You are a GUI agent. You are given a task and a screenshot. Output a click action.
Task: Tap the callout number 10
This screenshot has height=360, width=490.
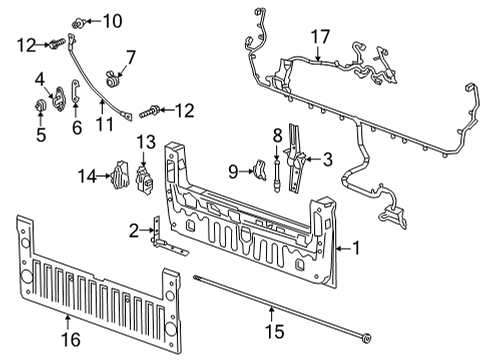pyautogui.click(x=110, y=20)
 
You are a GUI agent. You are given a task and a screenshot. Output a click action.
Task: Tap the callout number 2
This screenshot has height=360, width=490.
pyautogui.click(x=135, y=231)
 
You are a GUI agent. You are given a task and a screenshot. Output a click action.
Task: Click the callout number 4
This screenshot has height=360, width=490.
pyautogui.click(x=40, y=79)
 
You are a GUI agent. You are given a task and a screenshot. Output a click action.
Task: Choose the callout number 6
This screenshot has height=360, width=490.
pyautogui.click(x=76, y=127)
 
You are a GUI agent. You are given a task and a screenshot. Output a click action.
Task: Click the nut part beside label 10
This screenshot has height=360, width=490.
pyautogui.click(x=83, y=20)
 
